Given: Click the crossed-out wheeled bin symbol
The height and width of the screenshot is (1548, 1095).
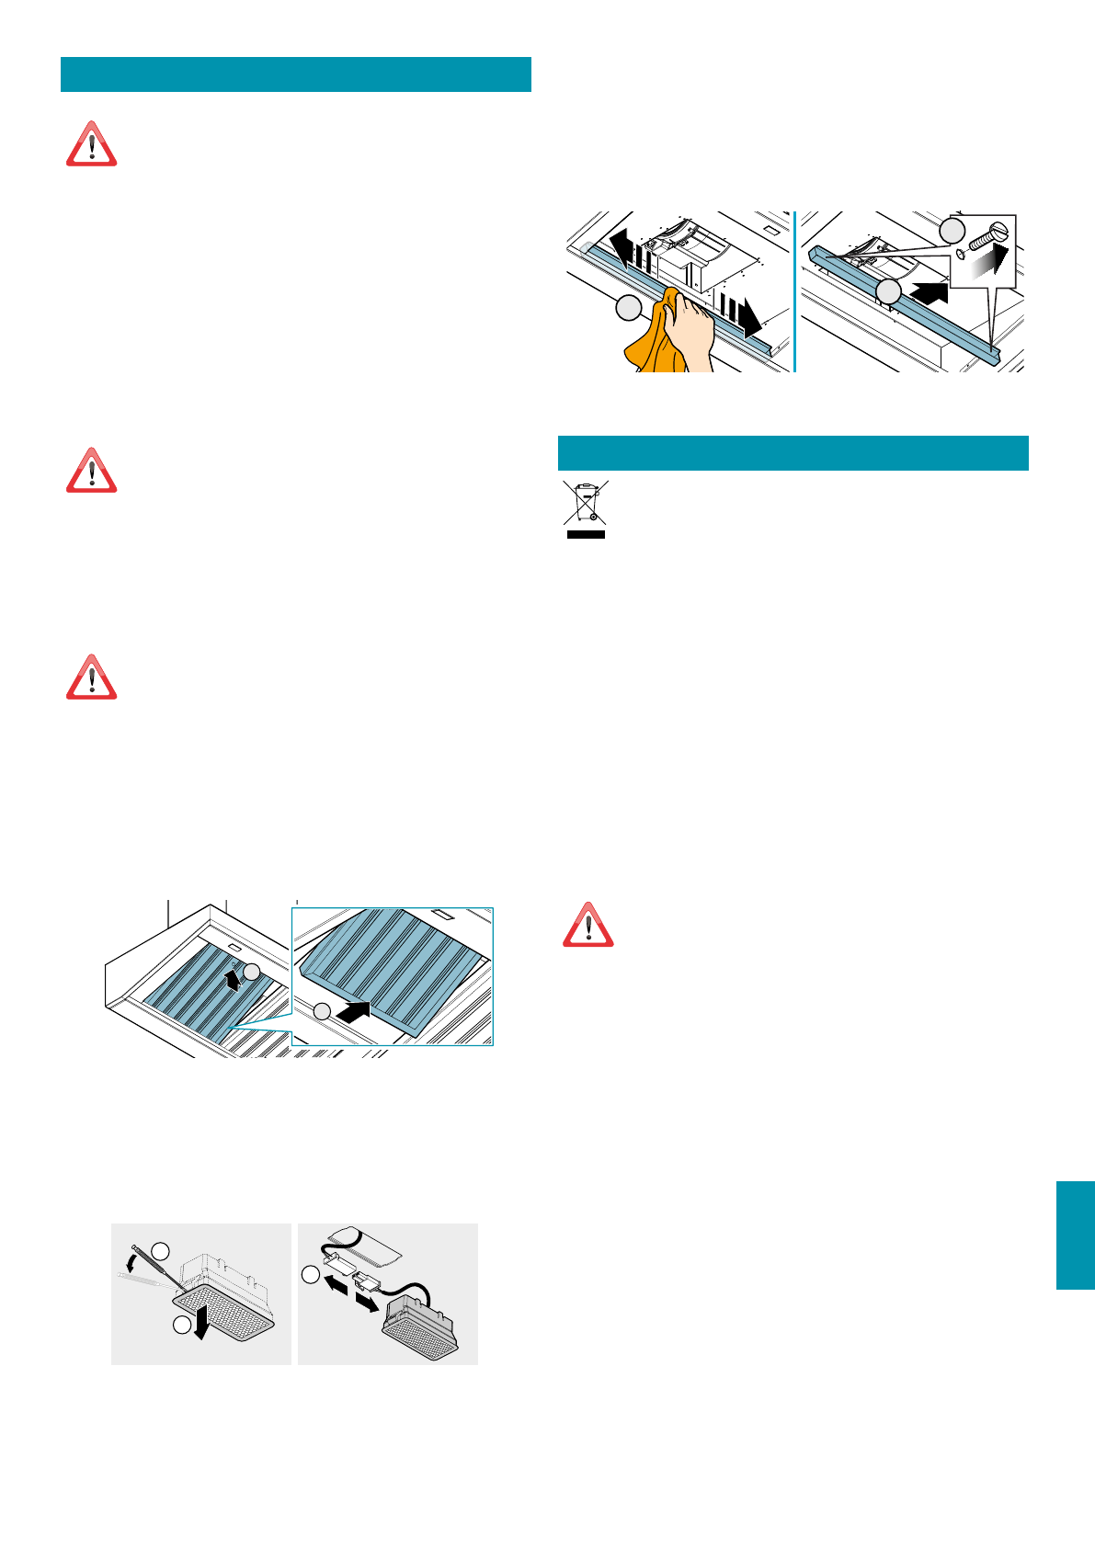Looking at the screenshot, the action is (585, 507).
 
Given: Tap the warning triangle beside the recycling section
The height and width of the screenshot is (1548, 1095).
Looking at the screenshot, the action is (587, 925).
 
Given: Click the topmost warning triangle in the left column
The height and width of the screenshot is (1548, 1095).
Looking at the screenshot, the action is (91, 144).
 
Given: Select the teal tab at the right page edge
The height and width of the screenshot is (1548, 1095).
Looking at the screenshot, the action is (1075, 1235).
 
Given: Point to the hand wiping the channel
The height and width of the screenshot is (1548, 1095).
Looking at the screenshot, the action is (691, 331).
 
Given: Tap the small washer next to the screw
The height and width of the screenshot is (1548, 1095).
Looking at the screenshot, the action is (960, 253).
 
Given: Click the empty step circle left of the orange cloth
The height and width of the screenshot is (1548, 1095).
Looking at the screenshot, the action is (629, 308).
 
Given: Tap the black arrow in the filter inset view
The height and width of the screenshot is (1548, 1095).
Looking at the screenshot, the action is (354, 1010).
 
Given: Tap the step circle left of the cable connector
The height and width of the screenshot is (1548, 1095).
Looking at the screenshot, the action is (311, 1274).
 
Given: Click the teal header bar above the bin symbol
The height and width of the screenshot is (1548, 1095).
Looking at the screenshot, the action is (793, 453).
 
